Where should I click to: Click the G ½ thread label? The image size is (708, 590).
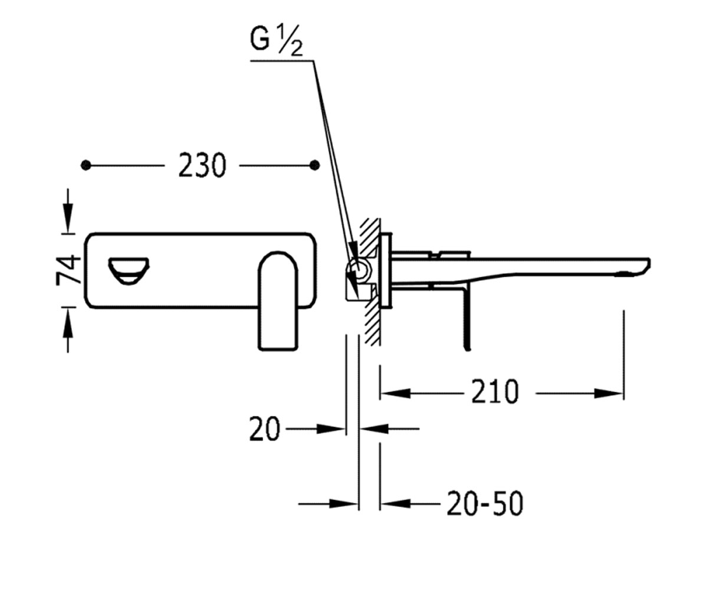click(x=276, y=40)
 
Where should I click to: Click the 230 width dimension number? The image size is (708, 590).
click(x=202, y=165)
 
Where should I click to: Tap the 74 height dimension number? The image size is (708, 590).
click(x=69, y=270)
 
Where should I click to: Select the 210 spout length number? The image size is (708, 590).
click(x=495, y=392)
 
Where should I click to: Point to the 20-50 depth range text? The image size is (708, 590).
click(x=485, y=503)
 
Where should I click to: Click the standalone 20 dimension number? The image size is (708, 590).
click(x=265, y=429)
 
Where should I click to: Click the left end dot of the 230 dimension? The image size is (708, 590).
click(x=86, y=165)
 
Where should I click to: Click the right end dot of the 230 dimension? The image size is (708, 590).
click(x=314, y=165)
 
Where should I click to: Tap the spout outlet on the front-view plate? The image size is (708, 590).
click(x=129, y=271)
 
